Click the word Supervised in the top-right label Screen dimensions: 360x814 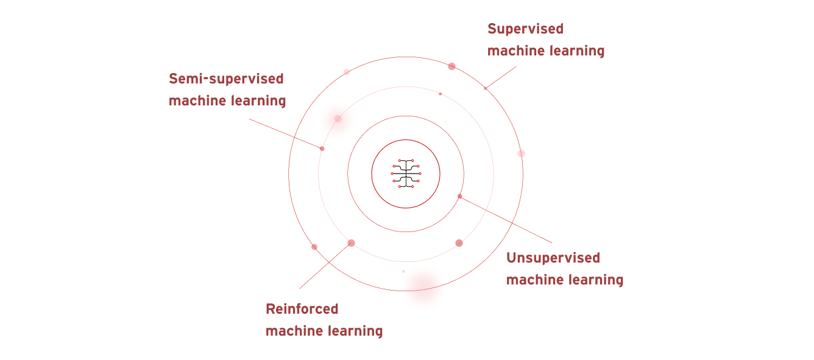pos(525,29)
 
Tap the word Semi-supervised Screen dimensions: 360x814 pos(226,79)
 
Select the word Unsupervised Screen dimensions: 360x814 pos(553,258)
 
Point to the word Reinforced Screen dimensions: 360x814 pos(302,309)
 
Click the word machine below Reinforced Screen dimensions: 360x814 pos(294,331)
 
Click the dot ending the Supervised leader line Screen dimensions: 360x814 pos(486,88)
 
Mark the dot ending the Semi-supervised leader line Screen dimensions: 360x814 pos(322,149)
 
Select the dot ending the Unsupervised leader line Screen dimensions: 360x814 pos(459,196)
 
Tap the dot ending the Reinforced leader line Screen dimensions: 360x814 pos(351,243)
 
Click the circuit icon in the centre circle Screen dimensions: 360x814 pos(406,174)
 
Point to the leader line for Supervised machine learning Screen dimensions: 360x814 pos(501,77)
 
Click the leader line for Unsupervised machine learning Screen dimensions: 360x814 pos(506,219)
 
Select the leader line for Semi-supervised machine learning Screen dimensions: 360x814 pos(285,133)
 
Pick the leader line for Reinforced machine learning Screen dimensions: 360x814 pos(325,266)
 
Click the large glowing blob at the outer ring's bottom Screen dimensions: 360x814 pos(423,285)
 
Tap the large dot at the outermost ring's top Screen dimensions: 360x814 pos(451,66)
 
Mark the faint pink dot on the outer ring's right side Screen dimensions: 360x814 pos(521,154)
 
